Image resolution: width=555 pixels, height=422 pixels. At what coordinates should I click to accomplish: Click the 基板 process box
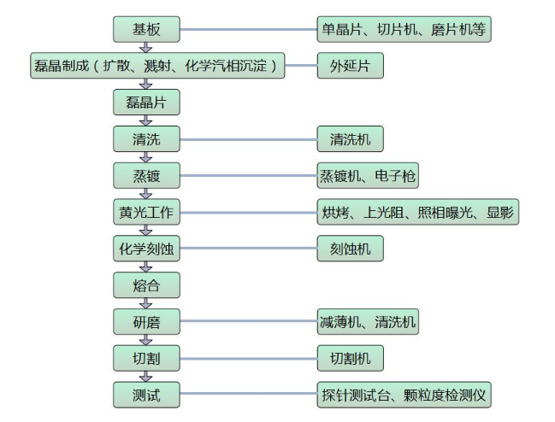pos(146,30)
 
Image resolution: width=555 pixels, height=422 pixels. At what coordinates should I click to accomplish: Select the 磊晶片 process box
pos(146,103)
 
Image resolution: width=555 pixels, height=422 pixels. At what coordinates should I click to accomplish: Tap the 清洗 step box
pos(146,139)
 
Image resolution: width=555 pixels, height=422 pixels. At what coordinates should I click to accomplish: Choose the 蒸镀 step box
pos(146,176)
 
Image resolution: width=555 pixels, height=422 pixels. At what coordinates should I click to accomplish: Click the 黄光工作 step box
pos(146,213)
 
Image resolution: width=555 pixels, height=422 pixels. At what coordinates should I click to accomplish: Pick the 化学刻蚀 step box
pos(146,249)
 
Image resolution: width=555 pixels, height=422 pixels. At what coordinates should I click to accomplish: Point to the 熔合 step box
pos(146,285)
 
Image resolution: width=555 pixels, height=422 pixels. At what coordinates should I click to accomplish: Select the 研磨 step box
pos(146,322)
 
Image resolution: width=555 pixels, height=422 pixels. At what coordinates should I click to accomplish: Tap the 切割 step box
pos(146,359)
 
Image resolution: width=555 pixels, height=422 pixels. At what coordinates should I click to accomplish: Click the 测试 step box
pos(146,396)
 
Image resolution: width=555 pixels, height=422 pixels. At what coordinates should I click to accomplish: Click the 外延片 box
pos(349,66)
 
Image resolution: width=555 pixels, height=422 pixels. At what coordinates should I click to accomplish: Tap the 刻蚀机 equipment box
pos(349,249)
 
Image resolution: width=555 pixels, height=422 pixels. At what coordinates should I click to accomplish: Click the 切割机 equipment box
pos(349,359)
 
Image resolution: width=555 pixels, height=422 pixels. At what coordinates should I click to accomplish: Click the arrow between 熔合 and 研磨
pos(146,303)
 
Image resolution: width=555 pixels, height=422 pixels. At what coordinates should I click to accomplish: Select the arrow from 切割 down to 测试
pos(146,377)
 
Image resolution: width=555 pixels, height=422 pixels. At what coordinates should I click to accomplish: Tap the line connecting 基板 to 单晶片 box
pos(248,30)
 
